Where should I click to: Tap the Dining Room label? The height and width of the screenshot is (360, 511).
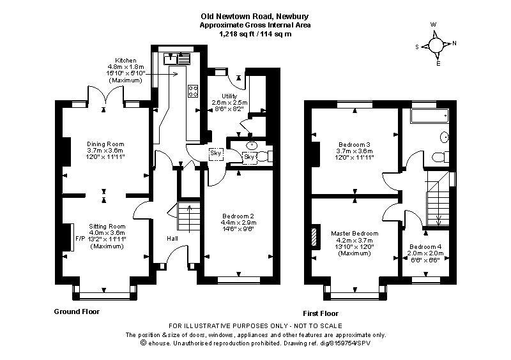(x=105, y=144)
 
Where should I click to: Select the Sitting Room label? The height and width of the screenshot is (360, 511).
(x=107, y=227)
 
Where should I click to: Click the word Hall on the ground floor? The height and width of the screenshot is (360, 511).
(x=172, y=239)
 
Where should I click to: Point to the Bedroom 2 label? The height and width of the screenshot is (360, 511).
(x=239, y=216)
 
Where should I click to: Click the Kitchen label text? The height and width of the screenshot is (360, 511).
(x=125, y=61)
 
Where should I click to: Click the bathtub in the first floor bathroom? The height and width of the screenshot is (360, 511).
(x=429, y=117)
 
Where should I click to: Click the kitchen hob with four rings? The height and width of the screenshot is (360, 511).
(x=193, y=91)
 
